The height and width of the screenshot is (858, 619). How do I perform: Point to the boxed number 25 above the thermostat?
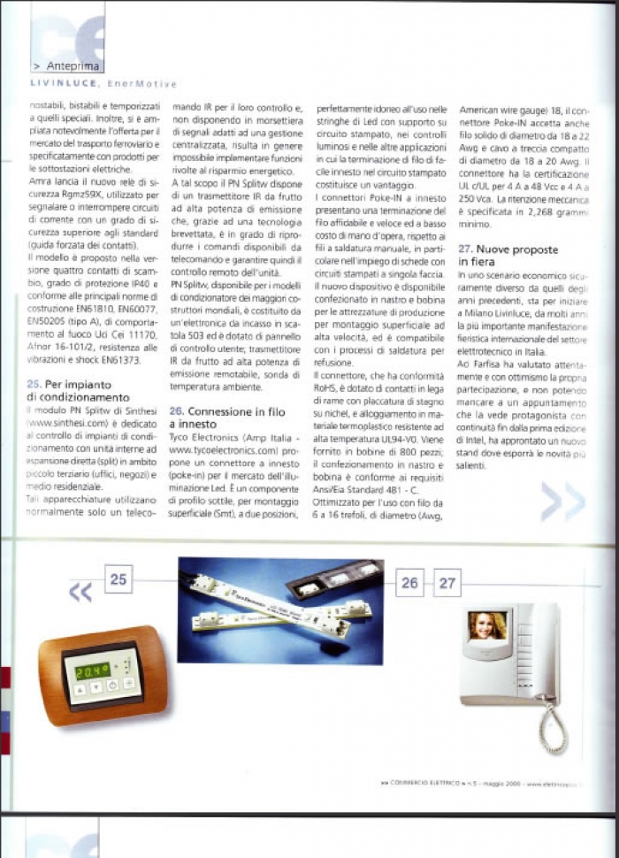118,580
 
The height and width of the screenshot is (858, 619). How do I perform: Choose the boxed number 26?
409,583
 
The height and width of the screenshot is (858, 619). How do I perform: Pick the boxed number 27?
448,583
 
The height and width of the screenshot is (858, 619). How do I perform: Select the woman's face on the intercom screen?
489,626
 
